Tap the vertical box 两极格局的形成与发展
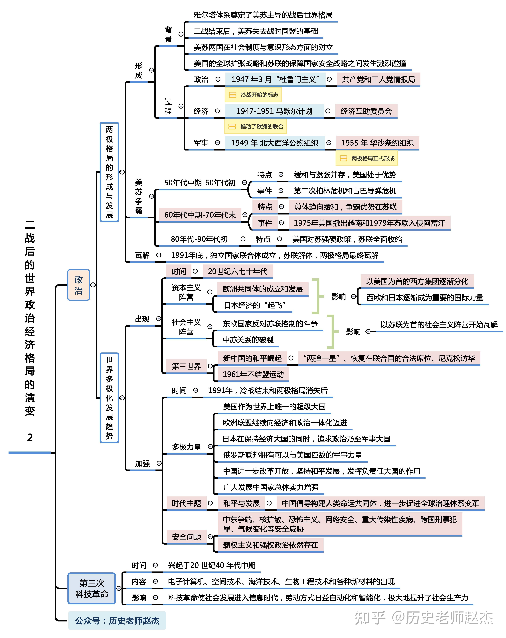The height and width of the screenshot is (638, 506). point(109,172)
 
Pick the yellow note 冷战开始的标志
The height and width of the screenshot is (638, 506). point(253,95)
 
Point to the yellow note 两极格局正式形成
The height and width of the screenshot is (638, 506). point(367,158)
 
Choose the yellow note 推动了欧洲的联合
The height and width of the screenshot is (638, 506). point(256,127)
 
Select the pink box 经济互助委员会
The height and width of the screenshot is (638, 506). point(366,111)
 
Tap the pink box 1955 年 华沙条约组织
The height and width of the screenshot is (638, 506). point(377,143)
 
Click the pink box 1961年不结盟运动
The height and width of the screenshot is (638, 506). point(253,374)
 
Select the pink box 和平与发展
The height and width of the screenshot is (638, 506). point(241,503)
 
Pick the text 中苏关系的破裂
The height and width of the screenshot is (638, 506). point(248,340)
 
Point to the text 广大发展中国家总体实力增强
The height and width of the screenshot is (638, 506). point(271,487)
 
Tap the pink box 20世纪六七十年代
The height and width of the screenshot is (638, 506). point(237,271)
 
